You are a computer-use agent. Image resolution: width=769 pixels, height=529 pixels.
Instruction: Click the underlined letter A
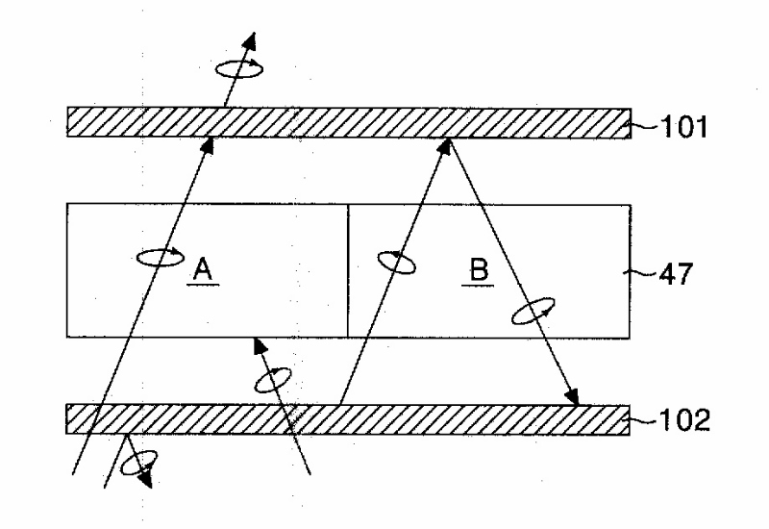[x=202, y=270]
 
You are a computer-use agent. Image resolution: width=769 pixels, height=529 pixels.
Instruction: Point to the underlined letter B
[x=478, y=270]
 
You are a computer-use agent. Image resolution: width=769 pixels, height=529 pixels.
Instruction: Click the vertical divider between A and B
[x=348, y=270]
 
